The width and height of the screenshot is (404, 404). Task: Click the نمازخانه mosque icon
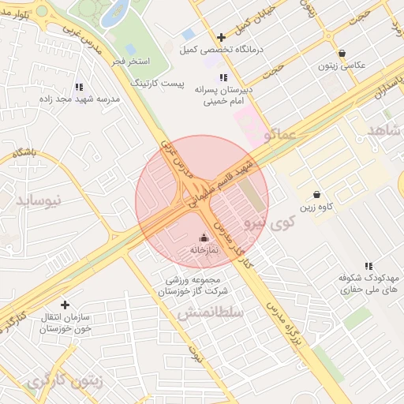204,238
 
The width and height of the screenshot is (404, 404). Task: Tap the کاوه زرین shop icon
316,195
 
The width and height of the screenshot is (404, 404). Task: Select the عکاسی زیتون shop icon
341,53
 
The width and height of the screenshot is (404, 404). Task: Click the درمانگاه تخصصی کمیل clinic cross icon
221,37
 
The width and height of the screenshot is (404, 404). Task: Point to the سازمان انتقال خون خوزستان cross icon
65,305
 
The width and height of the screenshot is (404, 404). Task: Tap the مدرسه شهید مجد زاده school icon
78,87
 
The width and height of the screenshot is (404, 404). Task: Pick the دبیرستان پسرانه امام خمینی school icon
224,77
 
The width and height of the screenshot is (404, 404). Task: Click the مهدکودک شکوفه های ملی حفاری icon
368,267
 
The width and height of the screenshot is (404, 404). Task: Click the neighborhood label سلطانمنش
202,313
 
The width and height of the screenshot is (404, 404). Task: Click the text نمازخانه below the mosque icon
203,250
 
